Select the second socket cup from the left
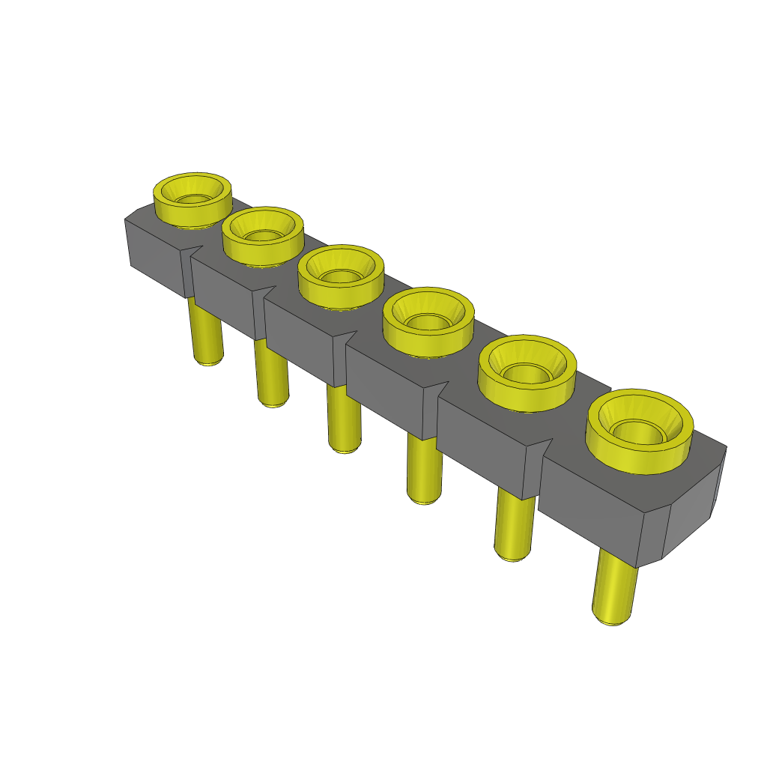(263, 234)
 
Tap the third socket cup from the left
(341, 275)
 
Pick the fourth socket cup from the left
(428, 320)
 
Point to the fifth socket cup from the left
(527, 372)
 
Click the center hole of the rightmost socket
(637, 431)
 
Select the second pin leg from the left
(272, 375)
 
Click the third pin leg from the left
(344, 419)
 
